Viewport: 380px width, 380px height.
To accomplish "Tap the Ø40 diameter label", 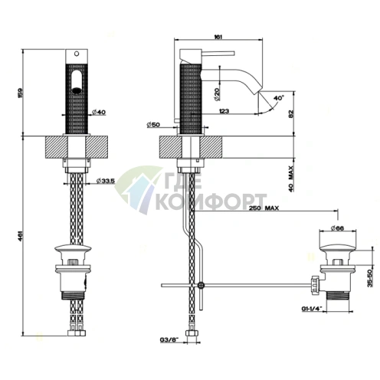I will coord(98,113).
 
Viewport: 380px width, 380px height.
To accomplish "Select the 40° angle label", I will coord(279,97).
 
